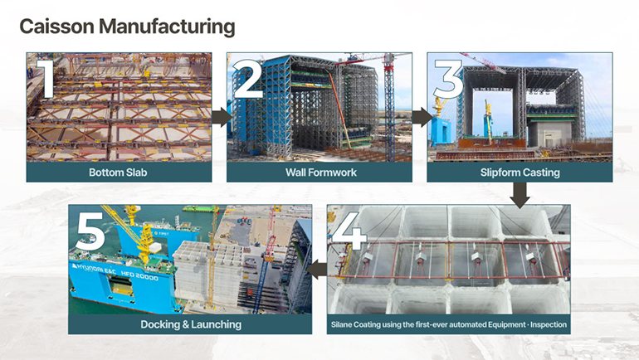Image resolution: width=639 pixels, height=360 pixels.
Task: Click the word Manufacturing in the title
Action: (165, 27)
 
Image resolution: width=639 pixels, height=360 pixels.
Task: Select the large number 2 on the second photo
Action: (248, 81)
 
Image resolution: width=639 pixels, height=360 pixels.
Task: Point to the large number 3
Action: (447, 81)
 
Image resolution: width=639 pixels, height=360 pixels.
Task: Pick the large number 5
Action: (90, 236)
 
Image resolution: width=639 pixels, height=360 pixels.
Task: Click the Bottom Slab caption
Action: (119, 173)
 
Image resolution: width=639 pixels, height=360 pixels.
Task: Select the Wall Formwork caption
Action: (319, 173)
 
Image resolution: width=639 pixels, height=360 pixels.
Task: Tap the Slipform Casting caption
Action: (519, 173)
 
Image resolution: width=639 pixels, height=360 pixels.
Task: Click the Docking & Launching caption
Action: (191, 324)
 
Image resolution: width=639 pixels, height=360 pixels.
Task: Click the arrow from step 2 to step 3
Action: (421, 117)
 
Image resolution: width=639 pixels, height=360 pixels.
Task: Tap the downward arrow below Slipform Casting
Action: (519, 195)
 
